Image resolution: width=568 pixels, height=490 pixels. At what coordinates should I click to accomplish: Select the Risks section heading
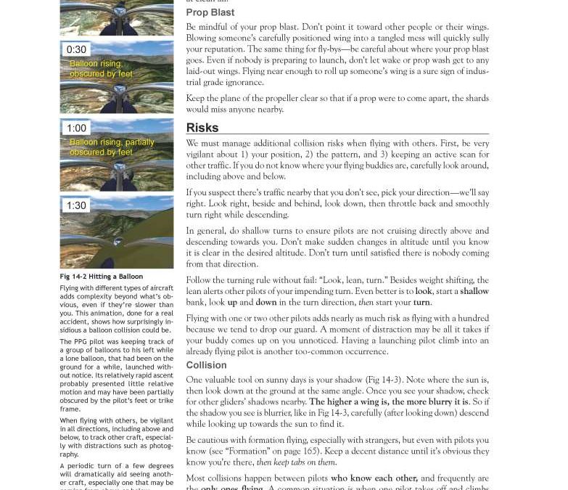(x=202, y=128)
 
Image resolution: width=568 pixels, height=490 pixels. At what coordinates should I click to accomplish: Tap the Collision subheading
(x=206, y=365)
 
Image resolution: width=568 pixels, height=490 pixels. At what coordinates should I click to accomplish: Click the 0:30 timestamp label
(x=76, y=50)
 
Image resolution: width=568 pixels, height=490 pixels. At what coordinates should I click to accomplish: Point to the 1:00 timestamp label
(x=76, y=128)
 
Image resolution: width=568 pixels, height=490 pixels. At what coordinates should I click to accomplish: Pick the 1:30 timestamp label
(x=76, y=205)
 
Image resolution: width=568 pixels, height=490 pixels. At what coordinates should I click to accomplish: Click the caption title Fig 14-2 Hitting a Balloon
(x=101, y=277)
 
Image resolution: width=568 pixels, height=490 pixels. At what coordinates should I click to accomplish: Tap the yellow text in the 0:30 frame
(x=101, y=69)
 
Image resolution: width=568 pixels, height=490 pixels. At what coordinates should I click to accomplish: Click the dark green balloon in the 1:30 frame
(x=149, y=232)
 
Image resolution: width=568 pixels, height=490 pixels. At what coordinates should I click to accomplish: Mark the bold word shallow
(x=474, y=291)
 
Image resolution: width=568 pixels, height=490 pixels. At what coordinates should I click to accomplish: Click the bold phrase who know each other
(x=374, y=478)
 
